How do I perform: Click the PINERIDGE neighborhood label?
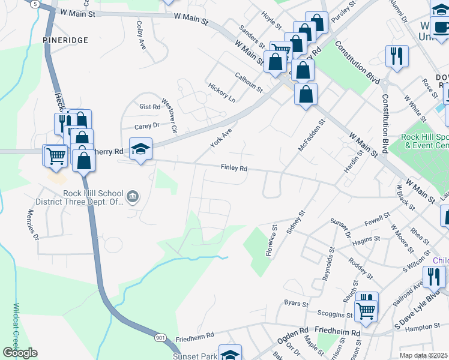click(x=65, y=40)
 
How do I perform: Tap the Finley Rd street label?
click(x=234, y=169)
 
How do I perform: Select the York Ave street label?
click(x=220, y=137)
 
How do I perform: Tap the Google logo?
click(x=20, y=353)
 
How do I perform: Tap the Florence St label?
click(x=271, y=241)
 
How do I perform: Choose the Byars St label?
click(x=296, y=303)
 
